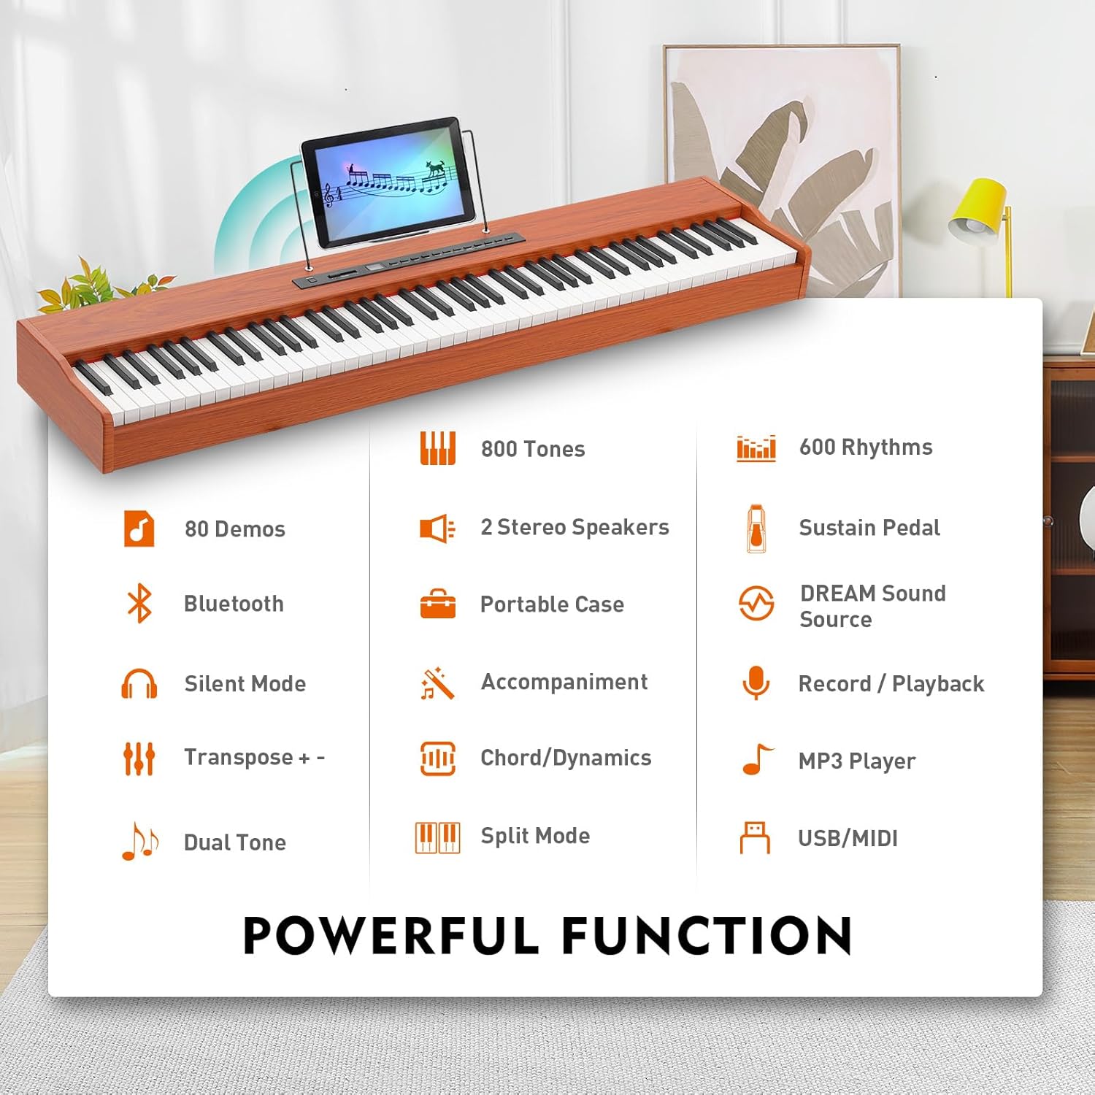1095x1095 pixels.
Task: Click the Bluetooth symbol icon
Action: (139, 604)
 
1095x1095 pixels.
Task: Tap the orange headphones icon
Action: (139, 684)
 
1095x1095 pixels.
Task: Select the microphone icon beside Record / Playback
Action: (756, 683)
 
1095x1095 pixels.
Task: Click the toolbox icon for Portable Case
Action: (437, 604)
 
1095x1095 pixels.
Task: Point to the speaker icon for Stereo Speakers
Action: (437, 528)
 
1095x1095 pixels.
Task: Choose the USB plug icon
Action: (755, 837)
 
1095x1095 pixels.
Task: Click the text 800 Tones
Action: (533, 449)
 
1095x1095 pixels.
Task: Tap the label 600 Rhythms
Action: (866, 447)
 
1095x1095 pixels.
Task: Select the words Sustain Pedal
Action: (869, 528)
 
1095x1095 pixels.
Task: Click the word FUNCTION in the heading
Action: (706, 936)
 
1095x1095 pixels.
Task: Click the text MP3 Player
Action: (856, 761)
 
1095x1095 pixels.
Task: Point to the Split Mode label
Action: (535, 836)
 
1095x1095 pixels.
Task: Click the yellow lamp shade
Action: (979, 208)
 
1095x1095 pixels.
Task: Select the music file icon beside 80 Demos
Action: (139, 529)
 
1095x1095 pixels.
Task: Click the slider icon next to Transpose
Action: (139, 758)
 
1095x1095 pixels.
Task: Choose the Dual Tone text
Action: (235, 842)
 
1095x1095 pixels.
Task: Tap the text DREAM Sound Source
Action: (872, 606)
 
